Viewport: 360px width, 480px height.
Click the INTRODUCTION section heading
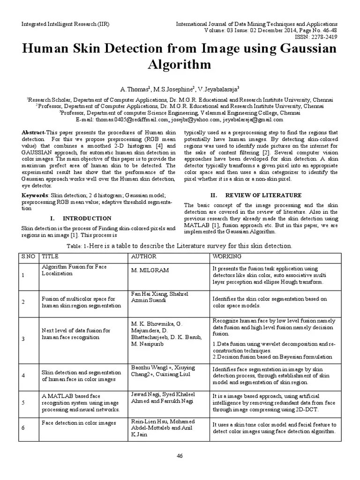click(x=87, y=218)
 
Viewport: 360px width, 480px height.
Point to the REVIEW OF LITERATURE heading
click(x=263, y=195)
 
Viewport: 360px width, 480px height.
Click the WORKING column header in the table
click(x=227, y=257)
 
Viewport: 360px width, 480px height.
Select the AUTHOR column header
click(x=143, y=257)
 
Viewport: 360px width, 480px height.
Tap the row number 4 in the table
click(x=23, y=375)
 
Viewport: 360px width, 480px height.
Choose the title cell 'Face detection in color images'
click(x=79, y=423)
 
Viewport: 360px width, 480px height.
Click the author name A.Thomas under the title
click(x=134, y=89)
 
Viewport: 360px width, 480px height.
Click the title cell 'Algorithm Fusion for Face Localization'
click(x=74, y=270)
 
